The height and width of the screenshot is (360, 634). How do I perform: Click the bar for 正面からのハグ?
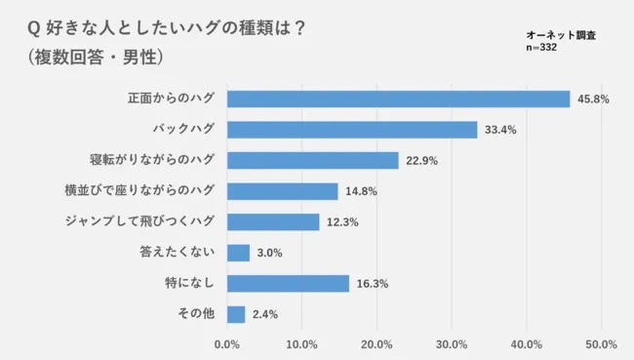(x=398, y=100)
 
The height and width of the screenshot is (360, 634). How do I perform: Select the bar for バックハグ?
(x=351, y=130)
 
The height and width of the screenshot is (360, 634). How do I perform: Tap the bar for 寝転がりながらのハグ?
(x=312, y=160)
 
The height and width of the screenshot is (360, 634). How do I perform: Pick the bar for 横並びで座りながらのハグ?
(x=282, y=191)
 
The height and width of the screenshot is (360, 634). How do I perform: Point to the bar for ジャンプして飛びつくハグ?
(x=272, y=221)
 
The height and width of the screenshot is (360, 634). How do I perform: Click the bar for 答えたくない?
(x=238, y=253)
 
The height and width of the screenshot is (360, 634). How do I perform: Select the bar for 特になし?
(x=288, y=283)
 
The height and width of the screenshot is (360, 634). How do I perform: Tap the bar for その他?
(x=235, y=314)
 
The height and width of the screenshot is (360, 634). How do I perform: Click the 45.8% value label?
(x=593, y=100)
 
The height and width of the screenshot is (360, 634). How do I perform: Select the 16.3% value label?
(x=372, y=284)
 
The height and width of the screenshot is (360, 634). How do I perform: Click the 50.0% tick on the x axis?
(x=601, y=344)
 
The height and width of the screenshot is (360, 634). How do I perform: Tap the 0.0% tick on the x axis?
(x=226, y=344)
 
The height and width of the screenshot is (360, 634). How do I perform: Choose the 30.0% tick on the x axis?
(x=451, y=344)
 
